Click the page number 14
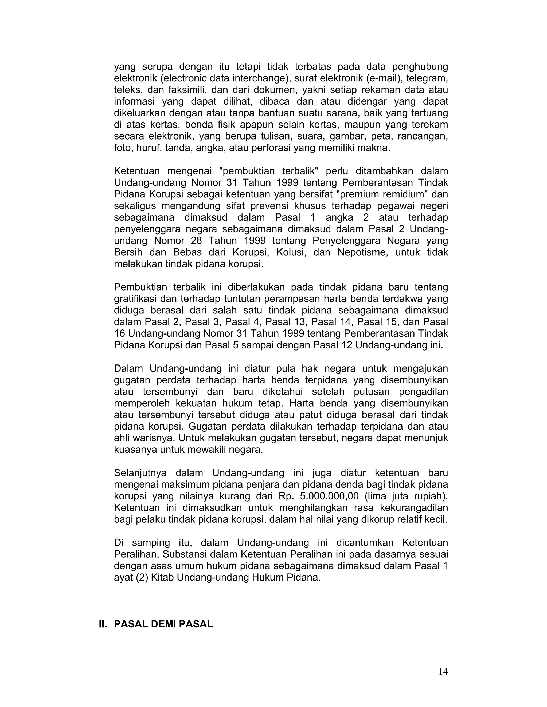[x=443, y=672]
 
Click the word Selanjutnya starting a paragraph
[x=140, y=473]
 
